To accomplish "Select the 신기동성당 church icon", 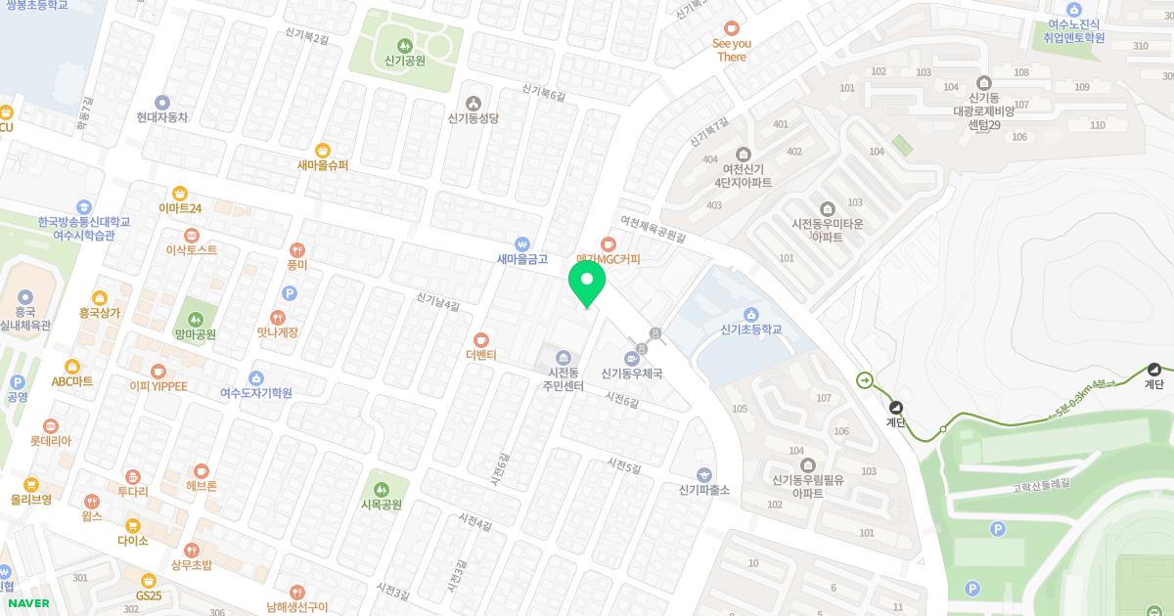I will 474,103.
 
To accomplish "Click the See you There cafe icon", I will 731,28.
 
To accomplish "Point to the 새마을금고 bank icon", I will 521,243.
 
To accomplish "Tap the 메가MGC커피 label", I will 609,259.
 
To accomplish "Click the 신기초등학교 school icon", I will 750,314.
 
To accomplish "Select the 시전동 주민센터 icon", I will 563,357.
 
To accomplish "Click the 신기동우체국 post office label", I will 632,374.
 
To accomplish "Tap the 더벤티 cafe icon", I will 481,339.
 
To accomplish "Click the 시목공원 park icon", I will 381,489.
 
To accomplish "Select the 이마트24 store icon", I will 180,193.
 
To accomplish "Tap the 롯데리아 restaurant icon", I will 50,425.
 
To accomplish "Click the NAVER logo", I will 27,603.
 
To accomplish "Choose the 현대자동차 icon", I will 162,102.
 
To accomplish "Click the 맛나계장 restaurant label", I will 278,332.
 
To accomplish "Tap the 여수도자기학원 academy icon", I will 256,377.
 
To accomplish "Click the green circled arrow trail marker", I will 865,380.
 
